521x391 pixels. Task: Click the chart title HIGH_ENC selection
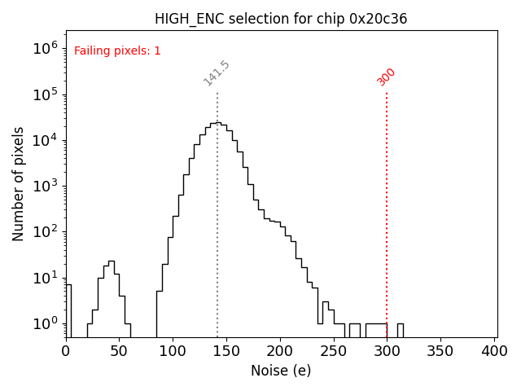tap(282, 19)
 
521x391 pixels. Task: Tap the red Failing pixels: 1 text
tap(117, 51)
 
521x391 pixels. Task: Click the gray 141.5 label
tap(217, 73)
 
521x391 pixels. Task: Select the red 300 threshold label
tap(387, 76)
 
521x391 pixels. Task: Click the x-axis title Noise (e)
tap(281, 371)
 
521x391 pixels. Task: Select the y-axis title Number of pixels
tap(19, 183)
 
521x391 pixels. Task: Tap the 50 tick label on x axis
tap(119, 351)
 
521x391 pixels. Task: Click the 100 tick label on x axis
tap(173, 351)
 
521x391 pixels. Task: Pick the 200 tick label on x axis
tap(280, 351)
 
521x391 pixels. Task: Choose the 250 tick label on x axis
tap(334, 351)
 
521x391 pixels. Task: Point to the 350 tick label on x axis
tap(440, 351)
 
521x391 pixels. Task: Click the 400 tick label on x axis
tap(494, 351)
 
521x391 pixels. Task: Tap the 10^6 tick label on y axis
tap(46, 48)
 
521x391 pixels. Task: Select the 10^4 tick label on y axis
tap(46, 140)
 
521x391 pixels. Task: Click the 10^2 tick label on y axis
tap(46, 232)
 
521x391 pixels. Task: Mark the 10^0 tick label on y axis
tap(46, 324)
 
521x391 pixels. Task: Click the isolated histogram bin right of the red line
tap(400, 329)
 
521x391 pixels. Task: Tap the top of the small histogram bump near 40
tap(112, 261)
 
